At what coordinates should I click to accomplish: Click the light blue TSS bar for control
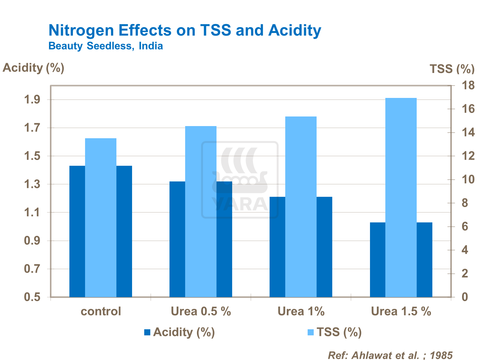(x=101, y=218)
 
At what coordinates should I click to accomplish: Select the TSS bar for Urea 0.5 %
(x=201, y=211)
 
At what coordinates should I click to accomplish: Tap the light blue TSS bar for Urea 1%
(x=301, y=206)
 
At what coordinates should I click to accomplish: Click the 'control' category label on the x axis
(x=101, y=311)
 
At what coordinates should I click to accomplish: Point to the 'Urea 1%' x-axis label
(x=301, y=311)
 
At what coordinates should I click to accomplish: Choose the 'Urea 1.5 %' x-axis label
(x=401, y=311)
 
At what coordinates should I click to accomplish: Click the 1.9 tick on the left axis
(x=32, y=100)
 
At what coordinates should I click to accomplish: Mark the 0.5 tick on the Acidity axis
(x=32, y=297)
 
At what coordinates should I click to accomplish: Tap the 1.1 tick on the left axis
(x=32, y=212)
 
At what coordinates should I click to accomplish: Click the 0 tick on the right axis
(x=465, y=297)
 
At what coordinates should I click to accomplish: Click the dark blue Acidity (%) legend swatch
(x=147, y=332)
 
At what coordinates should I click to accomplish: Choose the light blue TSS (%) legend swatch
(x=311, y=332)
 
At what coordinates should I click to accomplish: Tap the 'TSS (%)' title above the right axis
(x=452, y=69)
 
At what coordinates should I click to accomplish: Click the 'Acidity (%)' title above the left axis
(x=34, y=68)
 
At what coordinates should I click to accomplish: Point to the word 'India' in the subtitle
(x=151, y=46)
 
